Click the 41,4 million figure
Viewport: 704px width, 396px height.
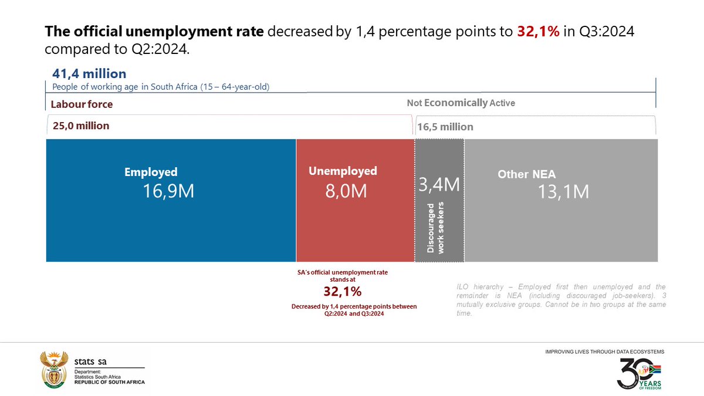(x=89, y=74)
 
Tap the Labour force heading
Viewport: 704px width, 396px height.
(x=81, y=104)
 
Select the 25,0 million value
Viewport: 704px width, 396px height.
(x=80, y=126)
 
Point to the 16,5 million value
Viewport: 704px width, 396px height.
(x=445, y=127)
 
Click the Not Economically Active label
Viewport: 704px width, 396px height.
(x=461, y=103)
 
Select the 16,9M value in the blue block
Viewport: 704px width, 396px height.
(x=168, y=191)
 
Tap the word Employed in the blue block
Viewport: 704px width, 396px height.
(x=151, y=172)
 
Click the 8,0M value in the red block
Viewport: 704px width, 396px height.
(x=346, y=191)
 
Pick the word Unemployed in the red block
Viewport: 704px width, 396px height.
(x=343, y=171)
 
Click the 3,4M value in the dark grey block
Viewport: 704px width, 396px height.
(x=439, y=185)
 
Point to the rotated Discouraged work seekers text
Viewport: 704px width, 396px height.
(x=436, y=228)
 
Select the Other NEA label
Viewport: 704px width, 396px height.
(x=526, y=174)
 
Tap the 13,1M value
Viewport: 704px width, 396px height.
(x=563, y=192)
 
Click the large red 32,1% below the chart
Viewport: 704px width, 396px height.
(x=343, y=292)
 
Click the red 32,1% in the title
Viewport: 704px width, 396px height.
(x=538, y=32)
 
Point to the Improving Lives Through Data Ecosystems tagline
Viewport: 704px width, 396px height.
(x=604, y=351)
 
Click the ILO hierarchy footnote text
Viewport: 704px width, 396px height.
(x=560, y=300)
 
